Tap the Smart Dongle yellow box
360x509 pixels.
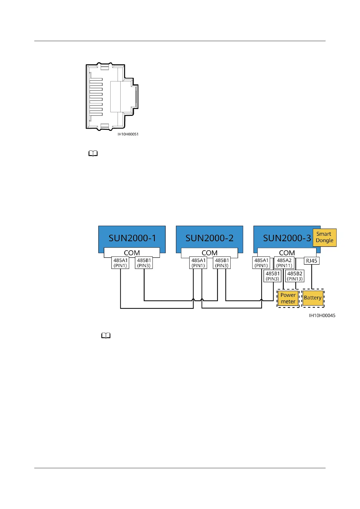[x=324, y=237]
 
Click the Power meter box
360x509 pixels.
[x=288, y=298]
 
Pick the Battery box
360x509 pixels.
[x=313, y=298]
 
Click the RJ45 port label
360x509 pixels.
[x=311, y=261]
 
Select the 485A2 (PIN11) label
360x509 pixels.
[x=284, y=263]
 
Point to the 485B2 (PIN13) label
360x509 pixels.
[x=295, y=276]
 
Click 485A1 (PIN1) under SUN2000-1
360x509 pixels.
[x=120, y=263]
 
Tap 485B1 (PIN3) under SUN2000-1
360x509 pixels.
[x=144, y=263]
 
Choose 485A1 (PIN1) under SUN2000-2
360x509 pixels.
[x=198, y=263]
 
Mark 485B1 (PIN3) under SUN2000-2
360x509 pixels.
[x=222, y=263]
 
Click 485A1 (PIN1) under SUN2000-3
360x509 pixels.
[x=261, y=263]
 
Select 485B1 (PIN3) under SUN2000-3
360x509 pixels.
[x=273, y=276]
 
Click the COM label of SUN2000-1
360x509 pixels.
[x=132, y=253]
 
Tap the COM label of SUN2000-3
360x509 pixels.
[x=287, y=253]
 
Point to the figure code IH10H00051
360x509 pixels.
[x=128, y=134]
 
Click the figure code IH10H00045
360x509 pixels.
[x=322, y=316]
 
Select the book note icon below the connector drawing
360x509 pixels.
[x=93, y=154]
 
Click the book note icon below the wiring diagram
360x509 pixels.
[x=106, y=336]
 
